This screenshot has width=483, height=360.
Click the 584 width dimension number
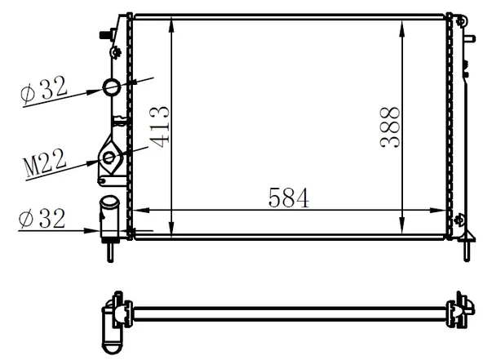pyautogui.click(x=288, y=198)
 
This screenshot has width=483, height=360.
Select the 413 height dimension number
pyautogui.click(x=160, y=127)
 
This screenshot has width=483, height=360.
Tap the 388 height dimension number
pyautogui.click(x=391, y=127)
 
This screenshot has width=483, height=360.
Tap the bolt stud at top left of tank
pyautogui.click(x=105, y=33)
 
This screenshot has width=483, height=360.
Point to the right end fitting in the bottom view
pyautogui.click(x=459, y=309)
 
